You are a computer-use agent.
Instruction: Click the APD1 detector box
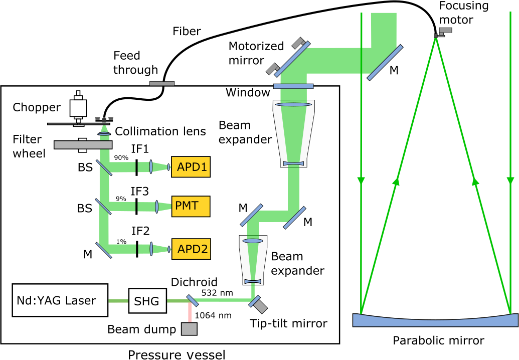click(191, 167)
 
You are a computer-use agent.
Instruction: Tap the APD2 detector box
click(191, 248)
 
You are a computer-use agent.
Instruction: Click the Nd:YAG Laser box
click(60, 300)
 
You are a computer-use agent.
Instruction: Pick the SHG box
click(147, 301)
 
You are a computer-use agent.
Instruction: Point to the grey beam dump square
click(189, 329)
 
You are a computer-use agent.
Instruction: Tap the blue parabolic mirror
click(435, 320)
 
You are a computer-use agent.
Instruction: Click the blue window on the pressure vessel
click(293, 86)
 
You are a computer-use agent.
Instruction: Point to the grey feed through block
click(162, 83)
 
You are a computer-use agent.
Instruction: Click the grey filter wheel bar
click(83, 144)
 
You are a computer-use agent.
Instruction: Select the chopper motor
click(79, 106)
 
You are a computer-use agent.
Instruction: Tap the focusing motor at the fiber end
click(444, 31)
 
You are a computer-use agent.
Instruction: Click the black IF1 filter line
click(136, 167)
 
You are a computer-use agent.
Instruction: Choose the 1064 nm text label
click(213, 315)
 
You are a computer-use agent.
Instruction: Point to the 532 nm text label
click(217, 292)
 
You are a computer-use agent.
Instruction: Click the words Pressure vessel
click(176, 355)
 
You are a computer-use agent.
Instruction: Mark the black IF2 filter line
click(136, 248)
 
